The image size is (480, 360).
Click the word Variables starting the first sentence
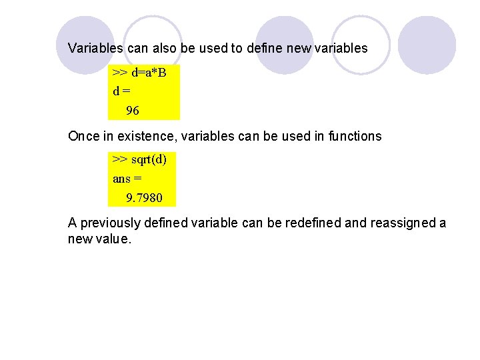point(94,48)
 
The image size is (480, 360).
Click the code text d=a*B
point(150,72)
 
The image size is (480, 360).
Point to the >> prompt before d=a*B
point(121,72)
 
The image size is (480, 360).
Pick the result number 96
point(133,111)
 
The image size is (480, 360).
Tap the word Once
point(84,136)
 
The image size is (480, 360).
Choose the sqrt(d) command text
point(149,159)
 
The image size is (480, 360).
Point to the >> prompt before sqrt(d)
point(121,159)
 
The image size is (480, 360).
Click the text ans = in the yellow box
point(127,179)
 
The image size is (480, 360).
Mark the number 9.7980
point(143,198)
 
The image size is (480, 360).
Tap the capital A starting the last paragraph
point(73,223)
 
